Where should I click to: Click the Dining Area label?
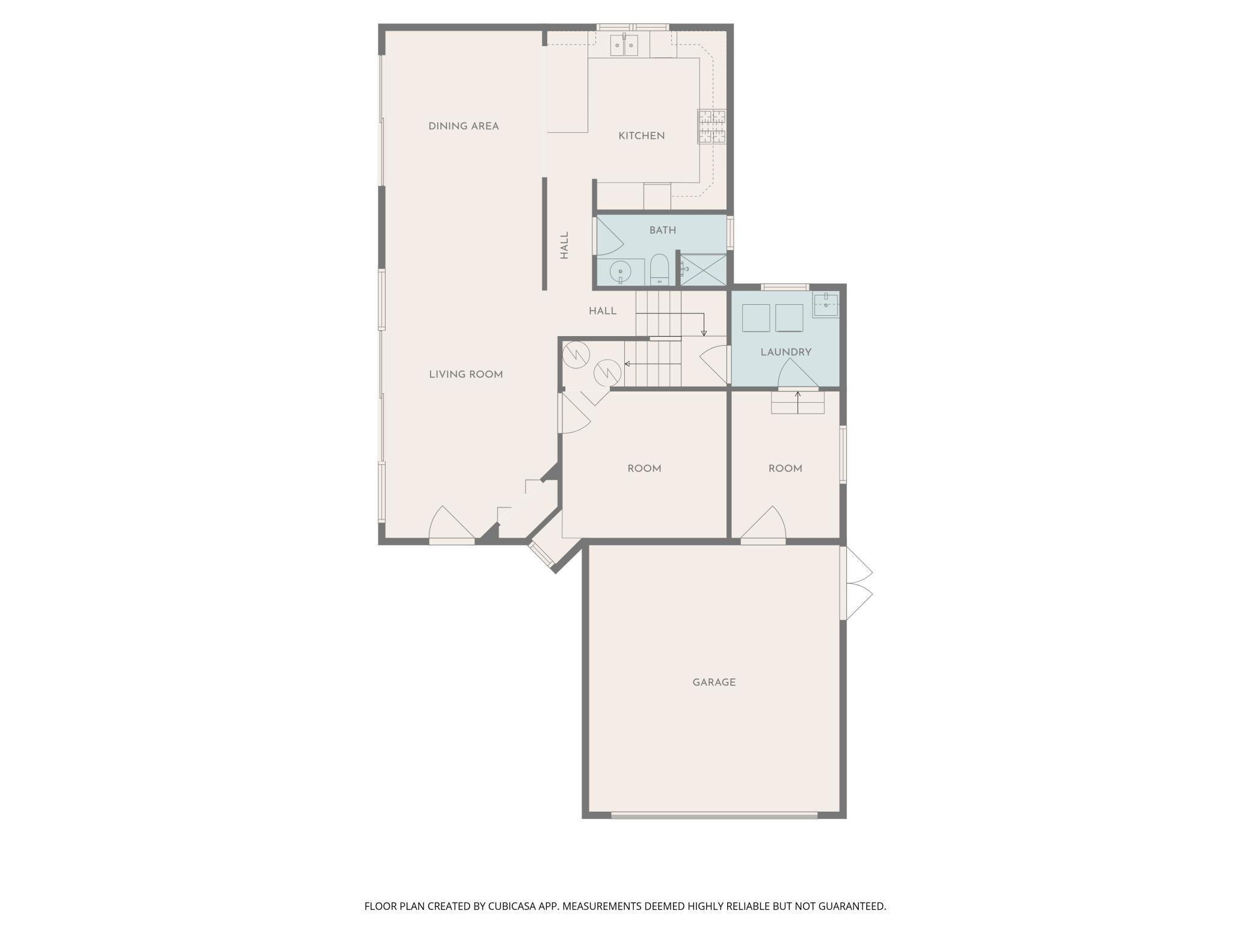pyautogui.click(x=464, y=126)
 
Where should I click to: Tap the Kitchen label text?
pyautogui.click(x=642, y=136)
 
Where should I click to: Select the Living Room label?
pyautogui.click(x=466, y=375)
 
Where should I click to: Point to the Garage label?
pyautogui.click(x=714, y=682)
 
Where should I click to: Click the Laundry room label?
pyautogui.click(x=786, y=352)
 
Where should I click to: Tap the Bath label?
pyautogui.click(x=663, y=230)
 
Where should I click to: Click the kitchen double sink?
pyautogui.click(x=624, y=45)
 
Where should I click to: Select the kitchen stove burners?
pyautogui.click(x=712, y=126)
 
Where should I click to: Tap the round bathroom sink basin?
pyautogui.click(x=619, y=272)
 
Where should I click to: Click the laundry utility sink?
pyautogui.click(x=826, y=305)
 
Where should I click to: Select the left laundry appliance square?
pyautogui.click(x=756, y=318)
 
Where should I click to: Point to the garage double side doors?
pyautogui.click(x=856, y=583)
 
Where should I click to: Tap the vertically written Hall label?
pyautogui.click(x=564, y=246)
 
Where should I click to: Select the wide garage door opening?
pyautogui.click(x=715, y=815)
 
